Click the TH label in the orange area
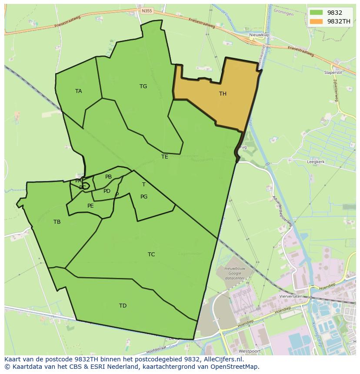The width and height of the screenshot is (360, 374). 223,94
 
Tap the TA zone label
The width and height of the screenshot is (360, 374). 78,91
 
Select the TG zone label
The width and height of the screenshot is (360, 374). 143,86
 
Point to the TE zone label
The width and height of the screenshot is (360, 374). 164,157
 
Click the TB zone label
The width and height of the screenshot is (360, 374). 57,222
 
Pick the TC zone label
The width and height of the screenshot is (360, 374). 151,255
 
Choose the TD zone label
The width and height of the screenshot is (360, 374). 123,306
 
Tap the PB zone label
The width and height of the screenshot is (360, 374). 108,177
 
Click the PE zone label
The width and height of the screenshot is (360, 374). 90,206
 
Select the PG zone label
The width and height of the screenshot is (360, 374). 144,197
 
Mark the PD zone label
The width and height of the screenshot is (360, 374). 107,191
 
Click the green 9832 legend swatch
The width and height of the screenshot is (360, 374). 316,13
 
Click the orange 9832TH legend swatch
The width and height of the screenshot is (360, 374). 316,21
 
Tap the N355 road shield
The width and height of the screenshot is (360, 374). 147,11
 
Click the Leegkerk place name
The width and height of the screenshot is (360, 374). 316,162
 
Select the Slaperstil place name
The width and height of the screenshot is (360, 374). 333,73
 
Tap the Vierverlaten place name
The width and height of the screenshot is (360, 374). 291,296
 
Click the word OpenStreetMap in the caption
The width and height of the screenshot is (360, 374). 236,366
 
